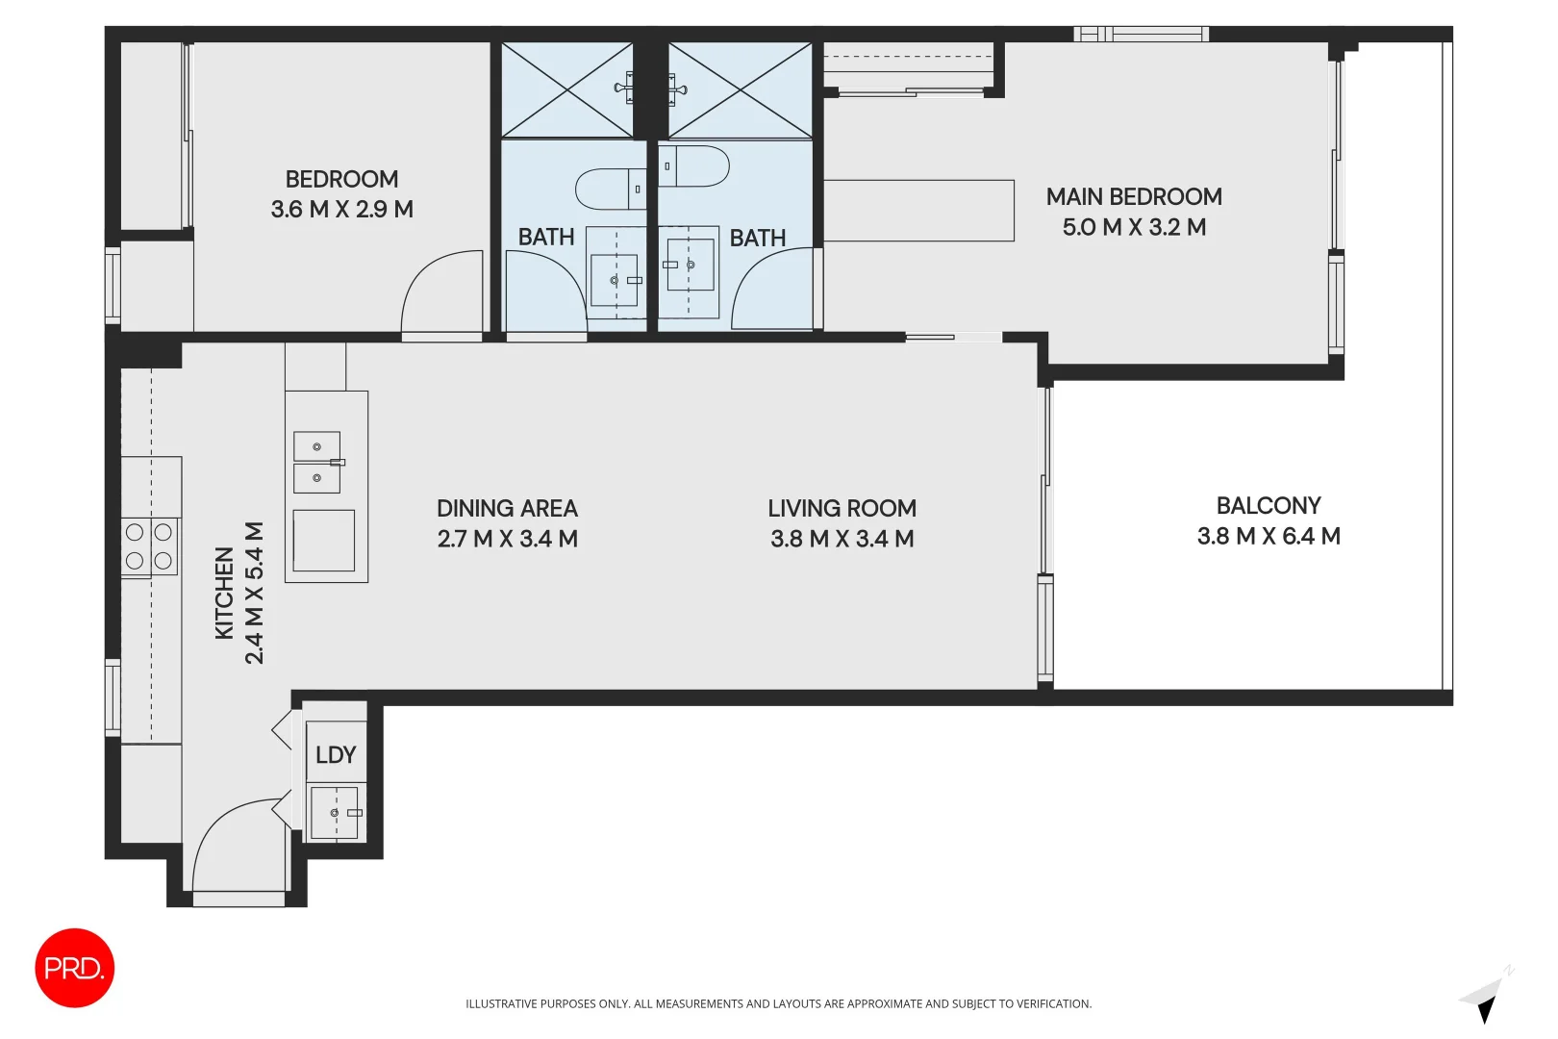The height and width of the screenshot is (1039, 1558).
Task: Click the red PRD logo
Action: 74,968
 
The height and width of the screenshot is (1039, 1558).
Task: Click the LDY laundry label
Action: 336,755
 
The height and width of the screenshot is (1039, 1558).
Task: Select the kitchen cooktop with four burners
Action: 149,546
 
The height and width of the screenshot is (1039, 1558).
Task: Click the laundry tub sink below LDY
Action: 335,813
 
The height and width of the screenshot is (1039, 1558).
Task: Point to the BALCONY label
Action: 1268,506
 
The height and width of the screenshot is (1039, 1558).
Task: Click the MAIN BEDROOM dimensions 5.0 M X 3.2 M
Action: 1134,228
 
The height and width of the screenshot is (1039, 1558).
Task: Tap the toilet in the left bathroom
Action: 610,190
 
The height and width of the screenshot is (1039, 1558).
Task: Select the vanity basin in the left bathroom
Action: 614,280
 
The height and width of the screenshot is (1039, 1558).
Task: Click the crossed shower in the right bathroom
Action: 740,90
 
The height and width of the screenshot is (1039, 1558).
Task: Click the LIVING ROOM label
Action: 842,508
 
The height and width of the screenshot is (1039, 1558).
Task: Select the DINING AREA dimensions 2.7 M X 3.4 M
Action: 507,540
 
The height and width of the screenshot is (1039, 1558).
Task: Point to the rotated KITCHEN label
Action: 224,593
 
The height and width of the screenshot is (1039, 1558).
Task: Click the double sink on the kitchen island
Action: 317,463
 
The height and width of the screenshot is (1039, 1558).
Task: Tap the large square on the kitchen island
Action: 324,541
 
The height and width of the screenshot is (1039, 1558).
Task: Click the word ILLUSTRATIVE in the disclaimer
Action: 501,1003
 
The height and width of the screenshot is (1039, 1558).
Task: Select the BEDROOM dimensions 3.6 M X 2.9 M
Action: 341,210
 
